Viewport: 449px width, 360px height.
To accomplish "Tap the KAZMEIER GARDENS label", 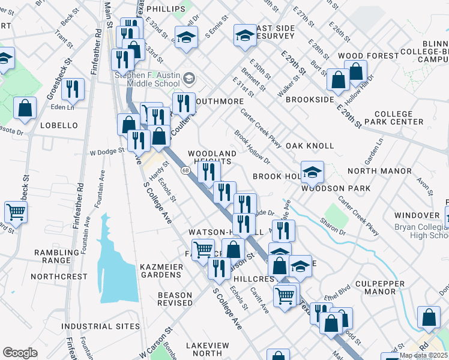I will click(160, 270).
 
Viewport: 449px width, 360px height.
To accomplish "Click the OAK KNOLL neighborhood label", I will click(310, 146).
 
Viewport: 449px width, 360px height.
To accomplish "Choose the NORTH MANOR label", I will click(379, 171).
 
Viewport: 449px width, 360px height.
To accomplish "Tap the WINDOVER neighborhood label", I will click(417, 215).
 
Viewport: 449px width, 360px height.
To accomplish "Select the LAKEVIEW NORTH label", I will click(207, 350).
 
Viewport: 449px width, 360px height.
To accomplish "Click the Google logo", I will click(20, 352).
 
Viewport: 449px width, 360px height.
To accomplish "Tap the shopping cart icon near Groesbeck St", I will click(16, 211).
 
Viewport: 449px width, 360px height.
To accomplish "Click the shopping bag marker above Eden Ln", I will click(25, 109).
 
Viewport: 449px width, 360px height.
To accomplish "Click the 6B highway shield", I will click(185, 170).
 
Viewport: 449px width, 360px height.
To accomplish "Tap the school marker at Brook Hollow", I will click(312, 172).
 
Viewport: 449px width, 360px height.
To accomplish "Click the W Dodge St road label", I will click(107, 152).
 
